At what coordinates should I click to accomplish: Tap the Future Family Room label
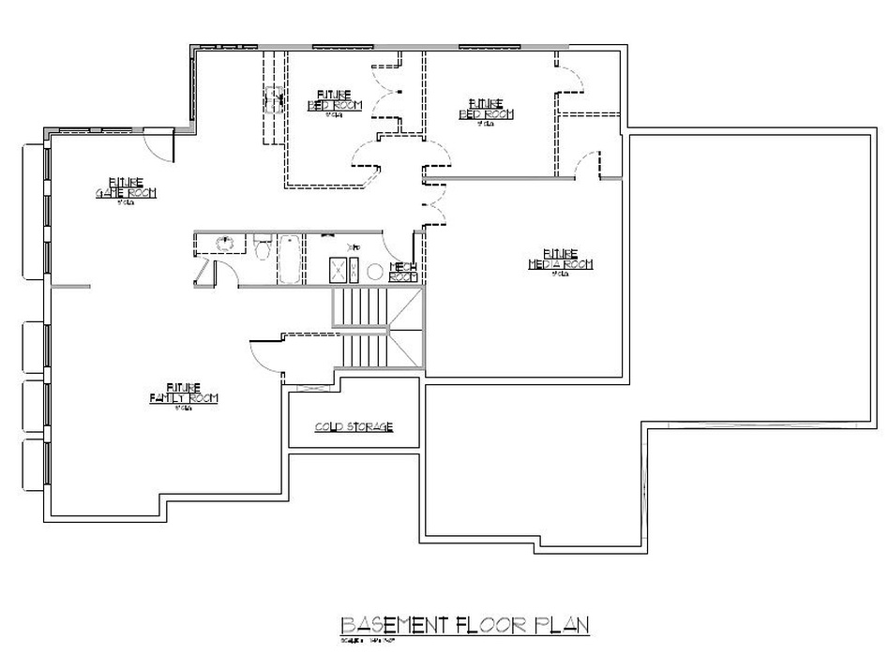point(184,393)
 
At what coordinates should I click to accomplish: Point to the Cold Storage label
point(353,427)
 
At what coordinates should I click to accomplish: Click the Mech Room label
point(402,272)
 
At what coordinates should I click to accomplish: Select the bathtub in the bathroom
point(289,260)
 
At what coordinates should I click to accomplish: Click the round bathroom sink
point(224,244)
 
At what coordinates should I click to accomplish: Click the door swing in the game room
point(159,143)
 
